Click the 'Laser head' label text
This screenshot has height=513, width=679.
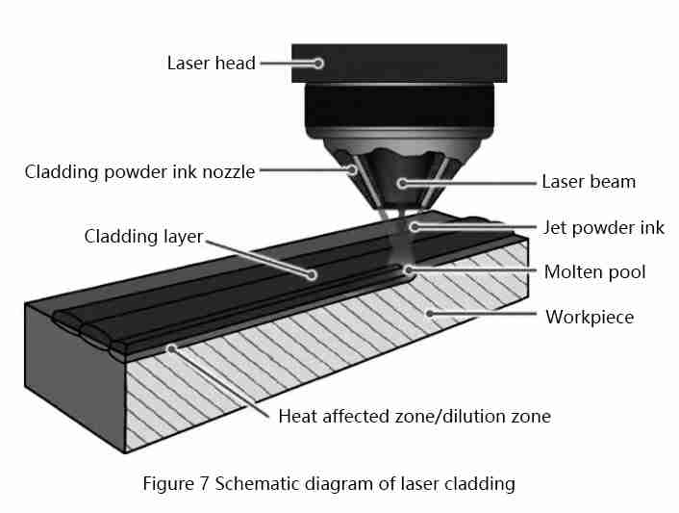212,64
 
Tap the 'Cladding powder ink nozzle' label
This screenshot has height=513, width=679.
139,172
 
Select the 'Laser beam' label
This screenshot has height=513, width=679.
589,182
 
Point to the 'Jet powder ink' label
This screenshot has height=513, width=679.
604,228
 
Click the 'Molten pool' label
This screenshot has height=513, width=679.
595,272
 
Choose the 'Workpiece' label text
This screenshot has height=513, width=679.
590,318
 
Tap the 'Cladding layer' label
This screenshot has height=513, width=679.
143,237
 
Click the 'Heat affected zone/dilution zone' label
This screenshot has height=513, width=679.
415,417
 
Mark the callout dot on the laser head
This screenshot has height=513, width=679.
318,64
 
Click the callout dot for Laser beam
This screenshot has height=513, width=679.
402,183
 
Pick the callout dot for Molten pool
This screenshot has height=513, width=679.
408,270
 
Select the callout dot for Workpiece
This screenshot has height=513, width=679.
429,313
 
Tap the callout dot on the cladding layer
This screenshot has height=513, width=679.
312,274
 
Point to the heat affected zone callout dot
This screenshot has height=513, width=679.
172,348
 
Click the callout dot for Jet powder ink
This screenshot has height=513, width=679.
415,226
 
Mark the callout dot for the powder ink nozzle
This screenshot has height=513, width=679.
353,169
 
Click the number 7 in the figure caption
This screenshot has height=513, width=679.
205,483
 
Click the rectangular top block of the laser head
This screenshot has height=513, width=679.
399,64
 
